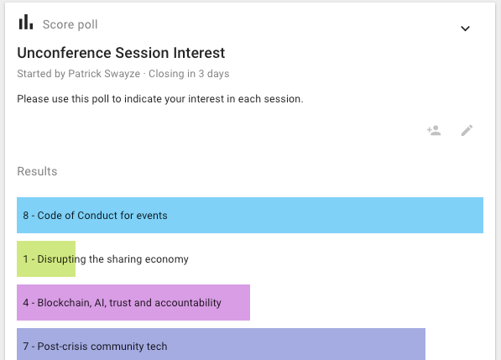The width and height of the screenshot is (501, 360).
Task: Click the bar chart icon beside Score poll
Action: pos(26,22)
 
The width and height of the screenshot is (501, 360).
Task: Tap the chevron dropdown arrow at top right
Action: pos(465,29)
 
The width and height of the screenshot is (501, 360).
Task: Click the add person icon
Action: pos(434,130)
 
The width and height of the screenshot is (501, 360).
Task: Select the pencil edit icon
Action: pos(467,130)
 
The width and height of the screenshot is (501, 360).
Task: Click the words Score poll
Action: pos(70,24)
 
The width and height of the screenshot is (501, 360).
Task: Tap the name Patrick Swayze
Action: pos(104,74)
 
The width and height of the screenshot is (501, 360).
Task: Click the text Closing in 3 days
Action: pos(189,74)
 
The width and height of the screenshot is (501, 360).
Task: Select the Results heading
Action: pos(37,171)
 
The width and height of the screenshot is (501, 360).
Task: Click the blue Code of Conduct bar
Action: pos(250,216)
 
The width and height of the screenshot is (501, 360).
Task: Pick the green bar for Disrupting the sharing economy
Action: pos(46,258)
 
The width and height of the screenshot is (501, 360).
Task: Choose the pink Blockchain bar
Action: pos(133,302)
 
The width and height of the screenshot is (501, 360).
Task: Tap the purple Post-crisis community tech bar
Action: pos(221,344)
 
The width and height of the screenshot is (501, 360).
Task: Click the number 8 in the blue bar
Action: pos(25,216)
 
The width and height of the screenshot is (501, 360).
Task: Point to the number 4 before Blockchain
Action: pos(25,303)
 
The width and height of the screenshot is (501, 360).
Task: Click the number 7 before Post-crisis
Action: pos(25,347)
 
